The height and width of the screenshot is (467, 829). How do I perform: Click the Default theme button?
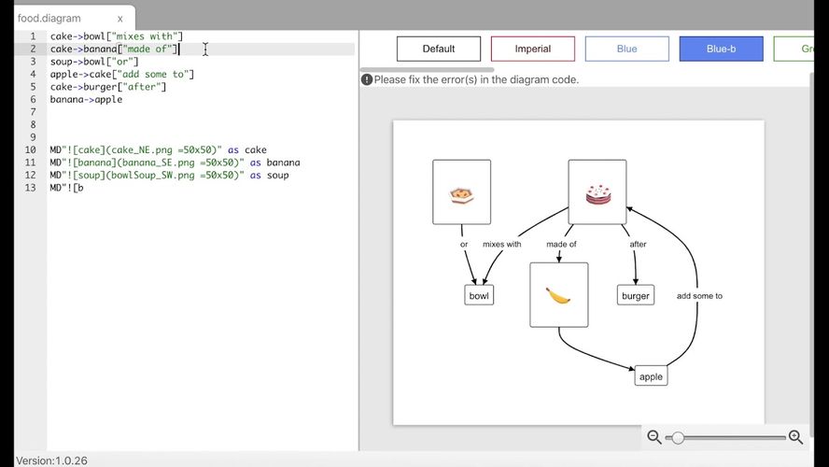[438, 49]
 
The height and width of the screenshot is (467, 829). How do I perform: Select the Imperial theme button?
[532, 49]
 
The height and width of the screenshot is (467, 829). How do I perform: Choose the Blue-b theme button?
[721, 49]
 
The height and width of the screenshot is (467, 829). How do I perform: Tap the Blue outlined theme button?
[626, 49]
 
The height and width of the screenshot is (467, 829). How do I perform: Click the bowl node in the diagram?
[479, 296]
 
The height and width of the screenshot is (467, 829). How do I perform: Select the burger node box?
[636, 296]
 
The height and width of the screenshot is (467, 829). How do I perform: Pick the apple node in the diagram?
[651, 376]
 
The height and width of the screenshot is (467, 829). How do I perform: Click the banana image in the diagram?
[558, 296]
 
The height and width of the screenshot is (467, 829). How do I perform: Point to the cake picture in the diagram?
[598, 194]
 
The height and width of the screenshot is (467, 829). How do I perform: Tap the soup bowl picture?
[461, 194]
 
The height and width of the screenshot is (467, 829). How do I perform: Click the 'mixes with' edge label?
[501, 244]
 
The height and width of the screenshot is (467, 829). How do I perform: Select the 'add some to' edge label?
[699, 296]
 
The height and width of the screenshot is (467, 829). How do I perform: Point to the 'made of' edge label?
[561, 244]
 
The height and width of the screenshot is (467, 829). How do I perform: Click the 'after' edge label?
[639, 244]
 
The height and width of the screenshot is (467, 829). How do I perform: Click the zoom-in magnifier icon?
[795, 437]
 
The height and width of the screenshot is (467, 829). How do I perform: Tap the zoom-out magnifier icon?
[654, 437]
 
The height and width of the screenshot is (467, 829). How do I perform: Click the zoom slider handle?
[677, 437]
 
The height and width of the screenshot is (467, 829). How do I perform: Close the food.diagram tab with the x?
[120, 19]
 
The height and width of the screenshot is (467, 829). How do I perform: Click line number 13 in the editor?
[31, 188]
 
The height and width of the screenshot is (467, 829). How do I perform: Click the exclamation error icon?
[367, 79]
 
